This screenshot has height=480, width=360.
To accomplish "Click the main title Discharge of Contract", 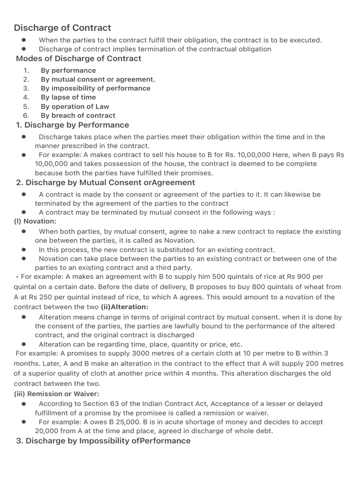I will click(x=62, y=28).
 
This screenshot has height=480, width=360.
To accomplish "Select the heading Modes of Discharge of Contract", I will click(x=78, y=59).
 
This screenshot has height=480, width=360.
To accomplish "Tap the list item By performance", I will click(x=68, y=70).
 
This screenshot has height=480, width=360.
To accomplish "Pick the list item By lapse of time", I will click(x=68, y=97).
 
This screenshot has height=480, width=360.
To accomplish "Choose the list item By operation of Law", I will click(x=75, y=106).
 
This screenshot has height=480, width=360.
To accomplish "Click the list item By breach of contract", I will click(x=78, y=115).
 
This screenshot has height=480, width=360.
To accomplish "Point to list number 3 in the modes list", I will click(x=26, y=88).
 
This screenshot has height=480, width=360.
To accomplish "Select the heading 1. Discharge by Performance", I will click(x=72, y=125).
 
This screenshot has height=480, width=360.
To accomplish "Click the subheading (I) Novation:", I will click(x=35, y=221).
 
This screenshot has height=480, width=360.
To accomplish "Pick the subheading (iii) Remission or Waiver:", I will click(x=56, y=394).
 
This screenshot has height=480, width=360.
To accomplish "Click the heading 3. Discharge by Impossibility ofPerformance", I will click(x=103, y=441).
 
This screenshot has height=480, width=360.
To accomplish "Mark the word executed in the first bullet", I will click(x=307, y=40).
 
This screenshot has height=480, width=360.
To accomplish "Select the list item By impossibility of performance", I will click(x=95, y=88).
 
